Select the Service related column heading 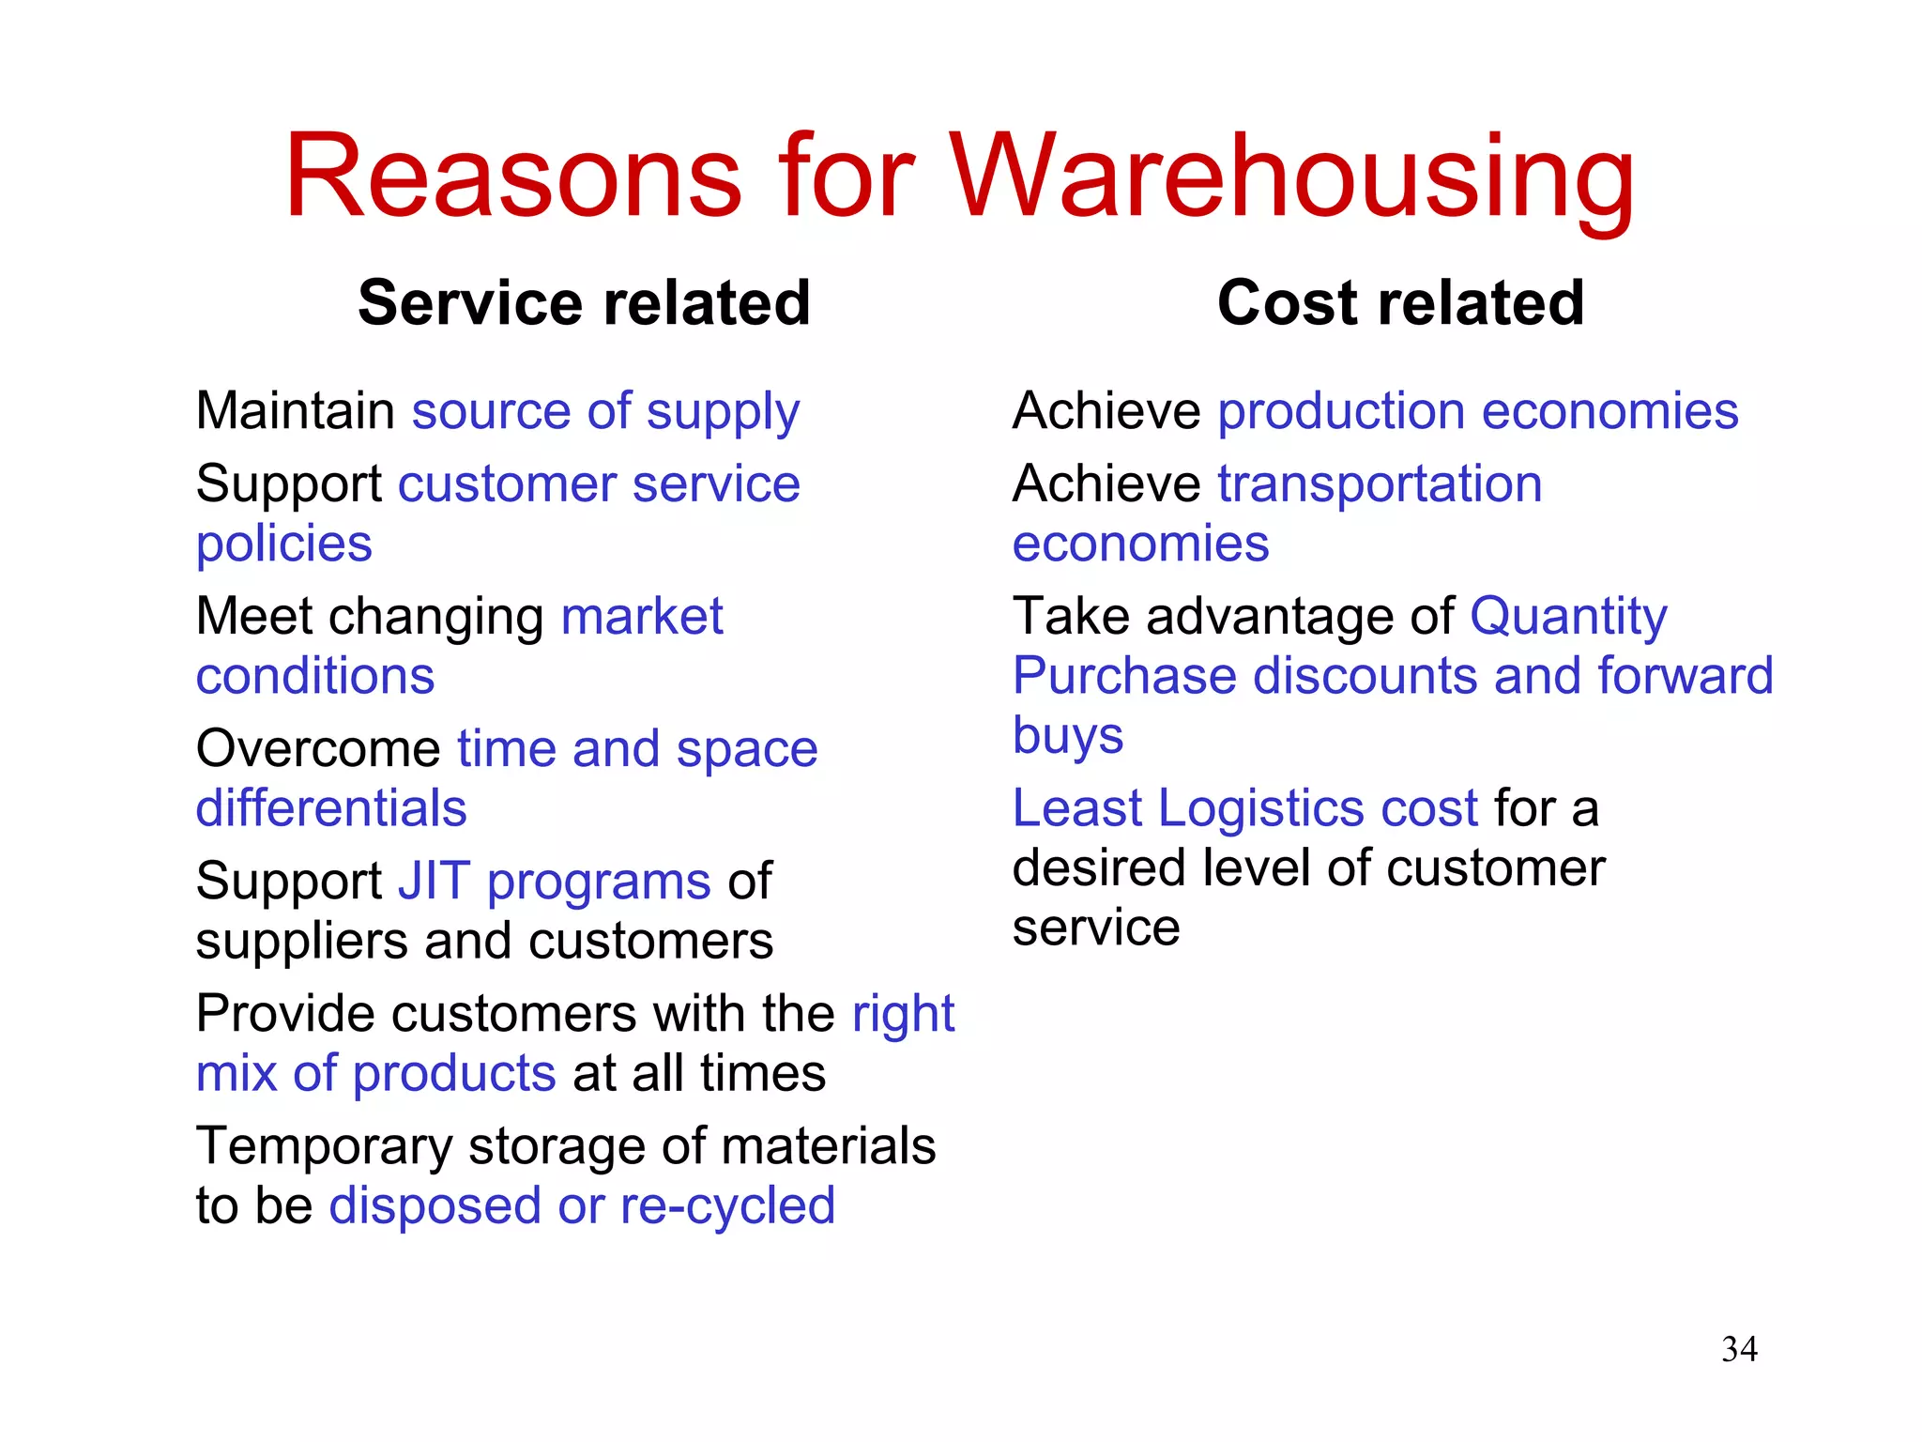[x=584, y=303]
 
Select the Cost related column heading [x=1400, y=303]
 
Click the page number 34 [x=1739, y=1350]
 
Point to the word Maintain [x=295, y=411]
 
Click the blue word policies [x=283, y=545]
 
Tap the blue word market [x=642, y=617]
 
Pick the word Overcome [x=318, y=749]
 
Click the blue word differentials [x=330, y=808]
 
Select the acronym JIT [x=434, y=882]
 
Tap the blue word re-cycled [x=727, y=1206]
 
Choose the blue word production [x=1341, y=411]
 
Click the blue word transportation [x=1380, y=484]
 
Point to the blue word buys [x=1068, y=735]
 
